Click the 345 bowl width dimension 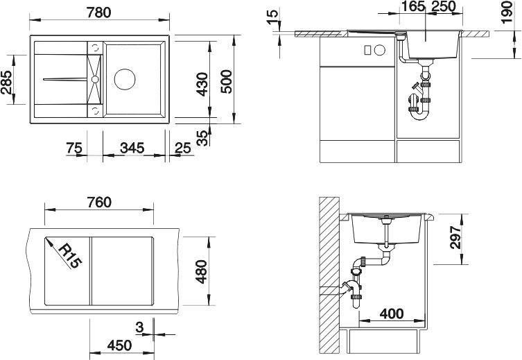132,147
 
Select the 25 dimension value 182,147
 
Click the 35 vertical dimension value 202,137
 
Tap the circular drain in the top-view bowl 126,78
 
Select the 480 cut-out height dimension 201,271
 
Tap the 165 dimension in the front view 412,8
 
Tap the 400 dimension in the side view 392,314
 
